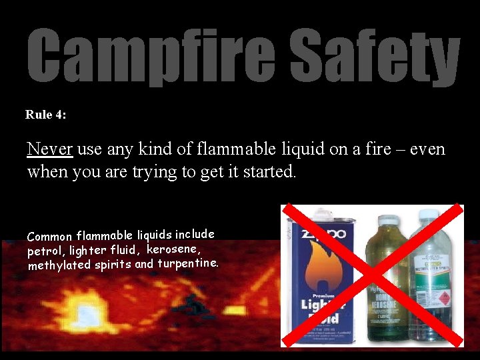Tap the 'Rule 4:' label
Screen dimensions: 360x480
(x=46, y=115)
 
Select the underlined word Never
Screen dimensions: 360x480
(x=50, y=149)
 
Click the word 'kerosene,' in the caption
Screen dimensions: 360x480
(x=173, y=249)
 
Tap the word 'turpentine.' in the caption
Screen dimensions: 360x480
(x=188, y=263)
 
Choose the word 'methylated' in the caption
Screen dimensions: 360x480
(x=59, y=266)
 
